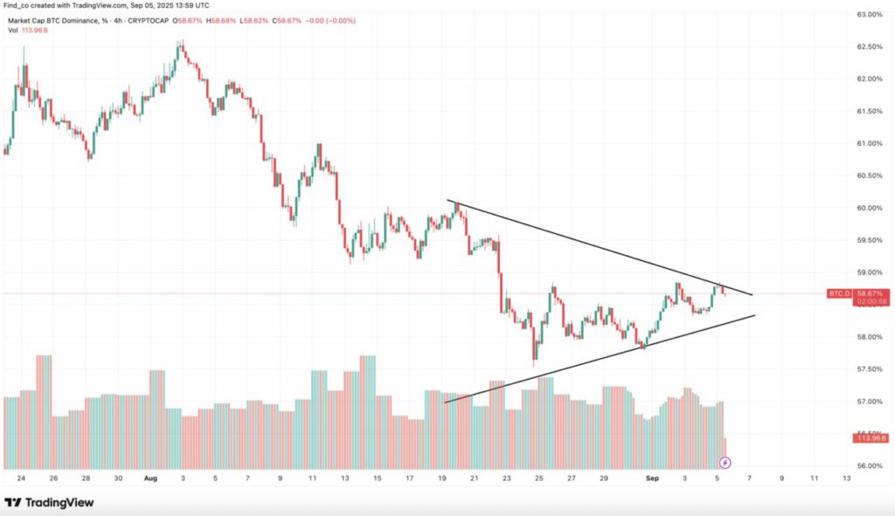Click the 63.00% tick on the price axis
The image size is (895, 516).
coord(868,15)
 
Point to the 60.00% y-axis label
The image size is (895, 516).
coord(868,208)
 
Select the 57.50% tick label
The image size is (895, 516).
coord(868,369)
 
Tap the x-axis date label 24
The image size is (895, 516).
coord(21,478)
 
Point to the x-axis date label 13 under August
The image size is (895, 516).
coord(345,478)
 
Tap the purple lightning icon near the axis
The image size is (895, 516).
coord(725,461)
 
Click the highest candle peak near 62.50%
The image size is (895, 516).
coord(180,42)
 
